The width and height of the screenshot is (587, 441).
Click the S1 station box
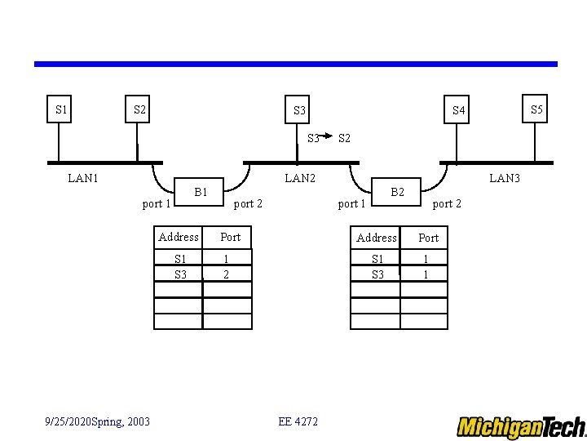point(61,109)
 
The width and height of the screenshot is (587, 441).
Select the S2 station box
point(139,109)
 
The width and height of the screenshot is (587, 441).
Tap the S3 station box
point(299,110)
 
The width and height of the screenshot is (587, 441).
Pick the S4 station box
point(459,110)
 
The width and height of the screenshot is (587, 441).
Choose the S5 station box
point(536,109)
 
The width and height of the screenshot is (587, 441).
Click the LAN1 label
point(83,178)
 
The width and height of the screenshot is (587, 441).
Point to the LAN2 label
point(299,178)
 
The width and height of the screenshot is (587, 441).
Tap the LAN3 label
point(504,178)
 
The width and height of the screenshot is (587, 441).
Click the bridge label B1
point(201,193)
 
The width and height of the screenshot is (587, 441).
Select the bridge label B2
point(397,193)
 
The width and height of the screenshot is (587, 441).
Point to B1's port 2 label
point(248,203)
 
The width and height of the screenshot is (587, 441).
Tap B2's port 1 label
point(352,203)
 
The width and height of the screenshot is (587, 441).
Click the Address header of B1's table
point(179,237)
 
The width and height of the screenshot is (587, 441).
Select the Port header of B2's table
point(428,238)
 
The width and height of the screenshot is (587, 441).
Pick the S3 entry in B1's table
point(180,274)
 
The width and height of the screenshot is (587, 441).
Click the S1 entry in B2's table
point(377,259)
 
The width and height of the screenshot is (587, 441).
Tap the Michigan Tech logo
point(521,427)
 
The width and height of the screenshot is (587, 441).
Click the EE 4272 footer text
point(298,421)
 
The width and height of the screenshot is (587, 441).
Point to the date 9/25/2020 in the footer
point(68,421)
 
